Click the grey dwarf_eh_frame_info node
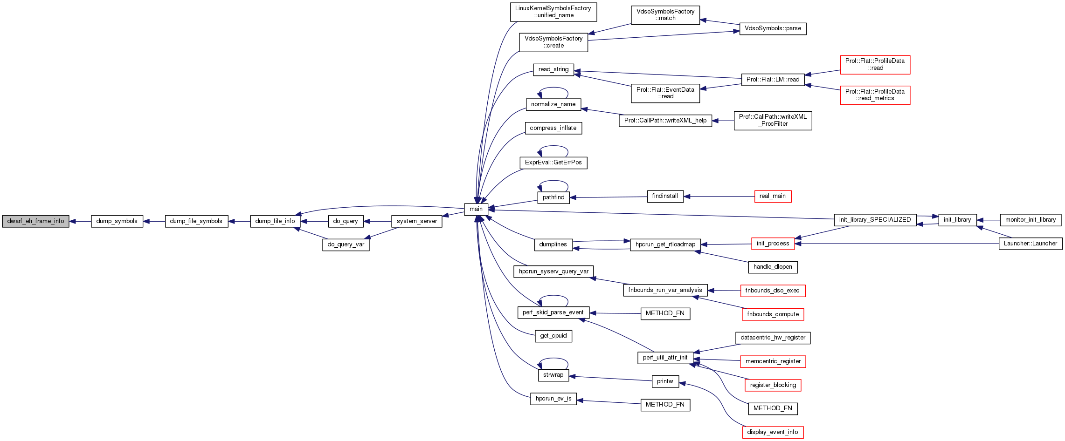(36, 221)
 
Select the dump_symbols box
(117, 221)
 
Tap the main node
(476, 209)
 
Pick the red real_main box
(773, 196)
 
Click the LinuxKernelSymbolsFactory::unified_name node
(553, 12)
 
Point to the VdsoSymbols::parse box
(773, 28)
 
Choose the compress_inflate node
(553, 128)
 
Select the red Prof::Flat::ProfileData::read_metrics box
(875, 95)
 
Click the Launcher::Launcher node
(1030, 244)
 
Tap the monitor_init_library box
(1030, 220)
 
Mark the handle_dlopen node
(773, 267)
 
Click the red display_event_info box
(773, 432)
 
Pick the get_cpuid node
(553, 336)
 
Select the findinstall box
(665, 196)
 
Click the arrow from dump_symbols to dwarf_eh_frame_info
(80, 221)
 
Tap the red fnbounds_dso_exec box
(773, 291)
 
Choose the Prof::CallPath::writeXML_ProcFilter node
(773, 120)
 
